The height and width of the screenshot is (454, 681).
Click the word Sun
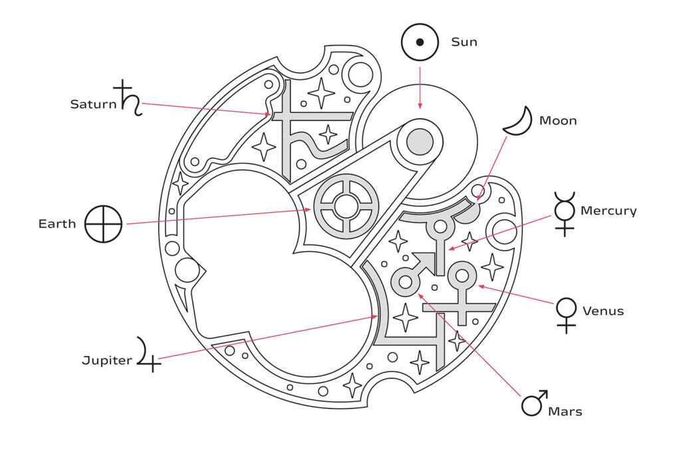tap(464, 42)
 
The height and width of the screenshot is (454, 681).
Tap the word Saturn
tap(93, 104)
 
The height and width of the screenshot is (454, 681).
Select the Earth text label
tap(57, 224)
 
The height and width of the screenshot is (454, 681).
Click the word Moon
tap(558, 121)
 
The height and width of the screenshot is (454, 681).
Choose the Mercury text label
tap(608, 211)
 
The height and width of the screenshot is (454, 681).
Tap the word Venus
tap(603, 310)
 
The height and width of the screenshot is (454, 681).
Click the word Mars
tap(565, 411)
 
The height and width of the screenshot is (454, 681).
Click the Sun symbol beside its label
tap(420, 42)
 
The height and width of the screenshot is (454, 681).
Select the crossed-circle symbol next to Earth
tap(104, 224)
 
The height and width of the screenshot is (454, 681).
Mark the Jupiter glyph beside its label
tap(148, 354)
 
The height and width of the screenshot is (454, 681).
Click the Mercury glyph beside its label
tap(565, 213)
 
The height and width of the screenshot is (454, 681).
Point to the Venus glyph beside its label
tap(566, 314)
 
